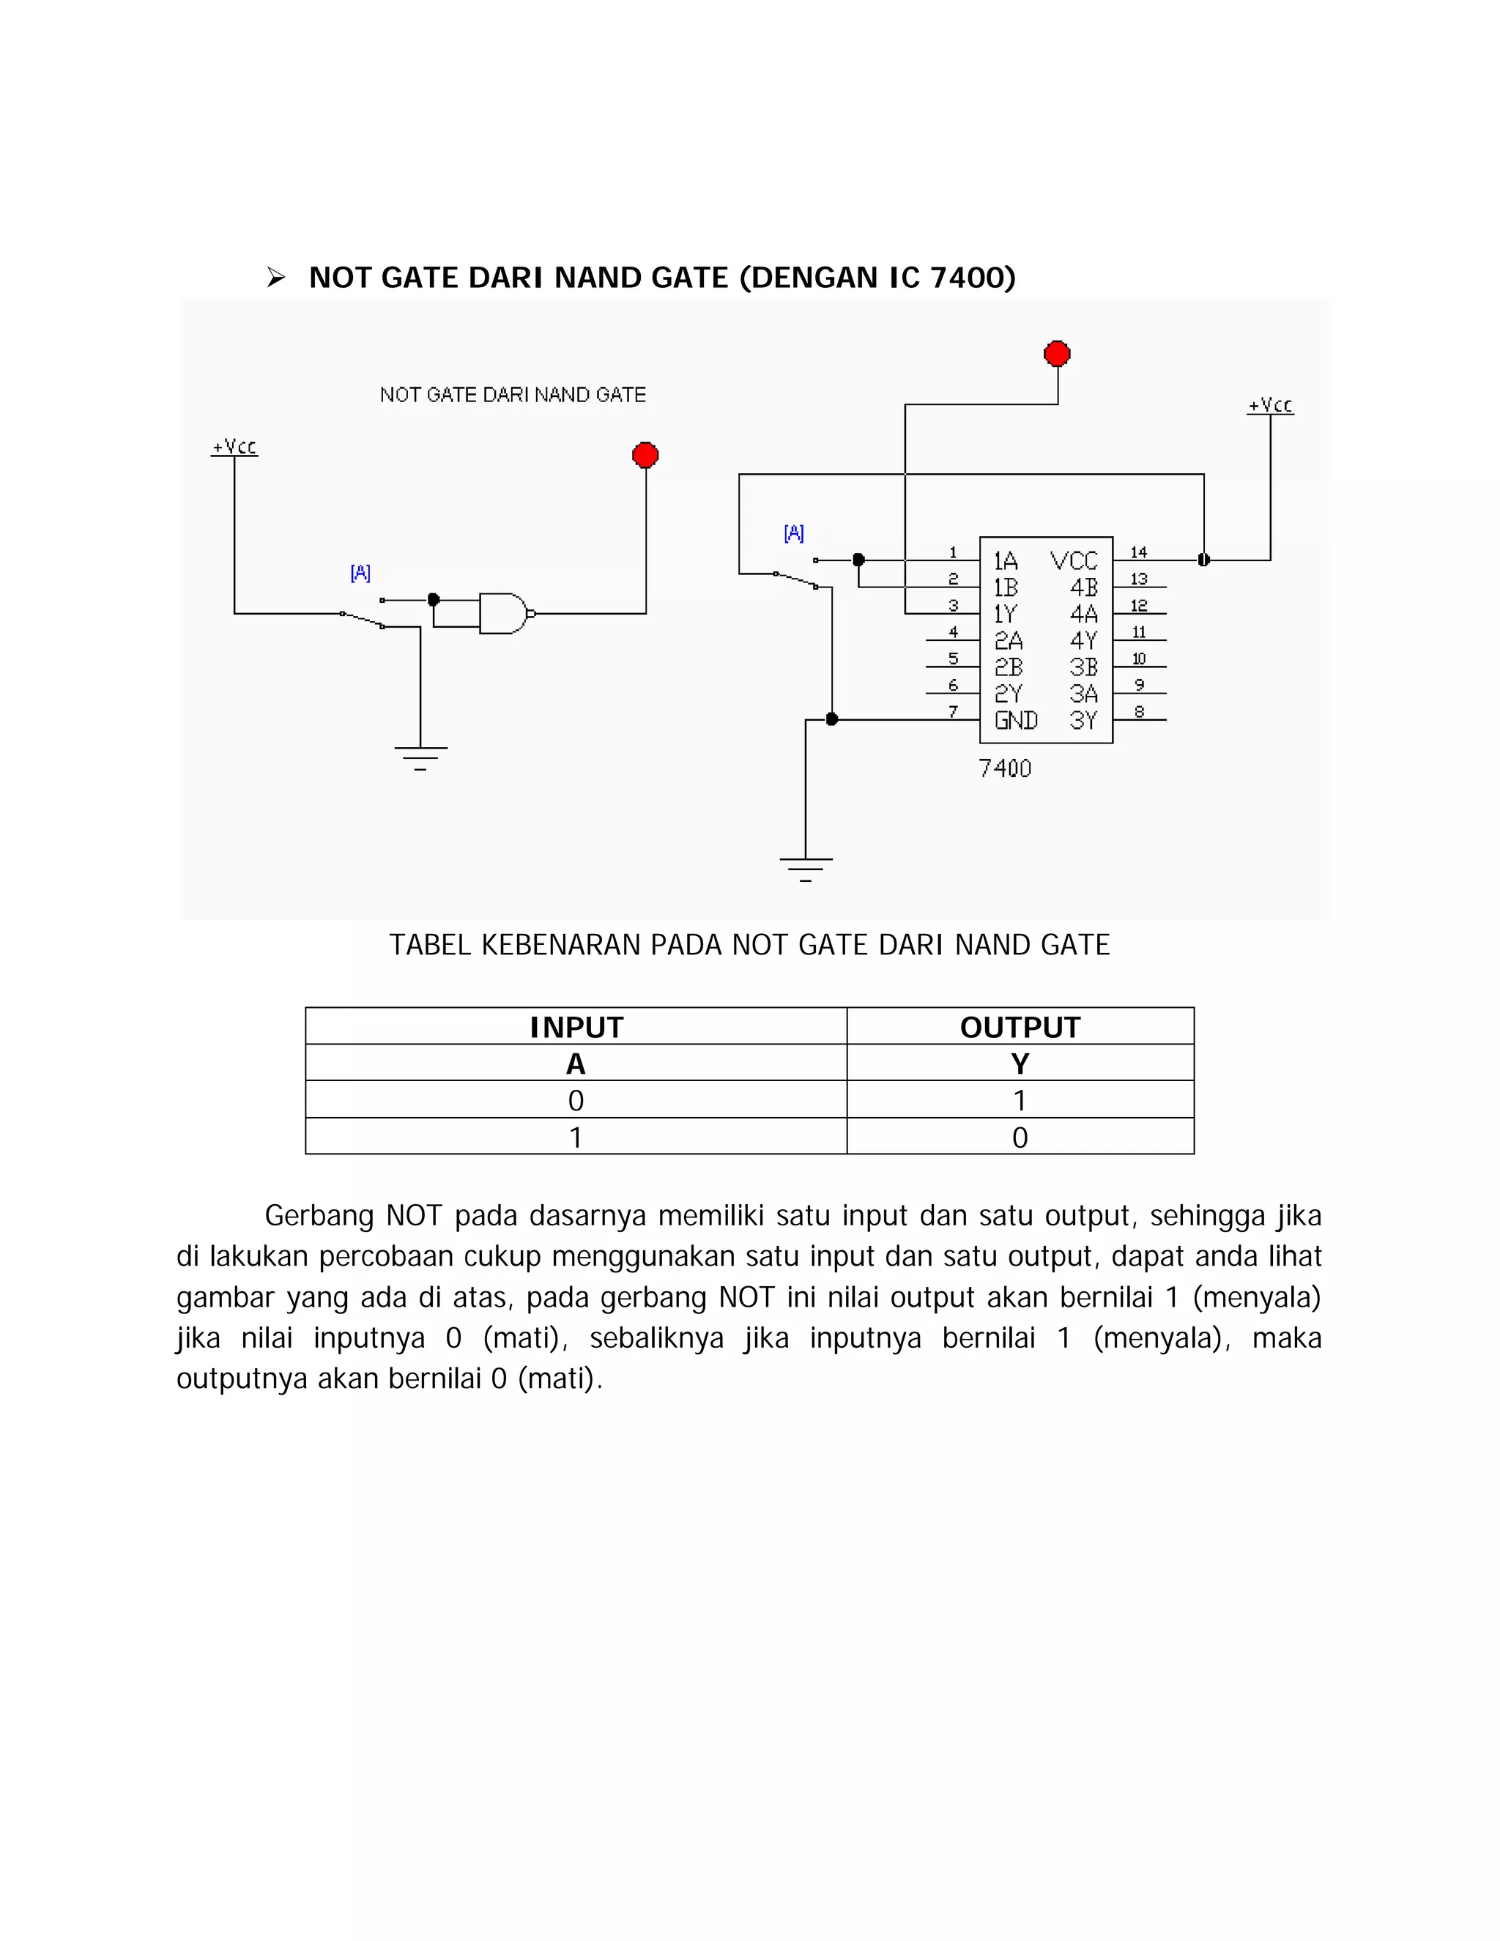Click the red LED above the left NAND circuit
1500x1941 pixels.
645,455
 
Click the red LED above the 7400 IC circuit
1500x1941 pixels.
1057,354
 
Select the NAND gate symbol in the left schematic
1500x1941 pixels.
503,613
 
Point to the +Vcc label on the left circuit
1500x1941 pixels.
234,446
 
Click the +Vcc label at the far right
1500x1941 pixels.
1270,405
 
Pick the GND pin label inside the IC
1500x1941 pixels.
1016,720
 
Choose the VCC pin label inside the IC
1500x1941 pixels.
1074,561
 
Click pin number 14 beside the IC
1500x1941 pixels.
1138,552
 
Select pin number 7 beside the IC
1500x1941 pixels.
953,711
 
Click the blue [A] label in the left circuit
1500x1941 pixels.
360,574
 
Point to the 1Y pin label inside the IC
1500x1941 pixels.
1005,614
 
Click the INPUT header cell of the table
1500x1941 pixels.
576,1026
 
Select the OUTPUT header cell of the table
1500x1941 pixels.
1020,1026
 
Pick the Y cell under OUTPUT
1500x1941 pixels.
1020,1063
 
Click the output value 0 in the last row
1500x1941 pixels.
1020,1137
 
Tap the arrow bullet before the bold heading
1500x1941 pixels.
275,278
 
